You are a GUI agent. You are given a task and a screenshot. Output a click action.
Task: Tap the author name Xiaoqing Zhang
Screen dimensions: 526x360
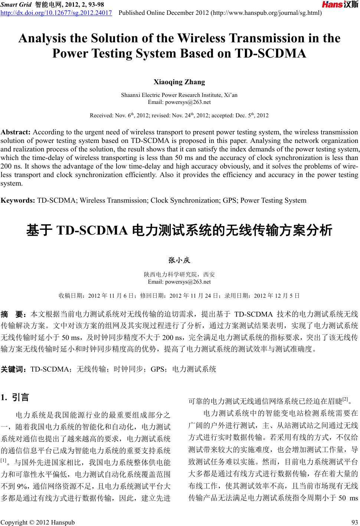[179, 82]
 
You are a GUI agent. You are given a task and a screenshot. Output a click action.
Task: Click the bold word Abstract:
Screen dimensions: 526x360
[16, 132]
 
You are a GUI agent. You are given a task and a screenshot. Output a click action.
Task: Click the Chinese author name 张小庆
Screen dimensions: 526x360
[179, 261]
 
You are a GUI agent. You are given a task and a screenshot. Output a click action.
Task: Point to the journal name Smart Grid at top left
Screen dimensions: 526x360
[16, 4]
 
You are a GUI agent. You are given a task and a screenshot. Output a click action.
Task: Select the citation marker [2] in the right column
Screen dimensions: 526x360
[344, 399]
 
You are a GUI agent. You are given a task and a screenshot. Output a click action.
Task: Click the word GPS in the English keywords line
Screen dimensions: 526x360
[230, 200]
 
